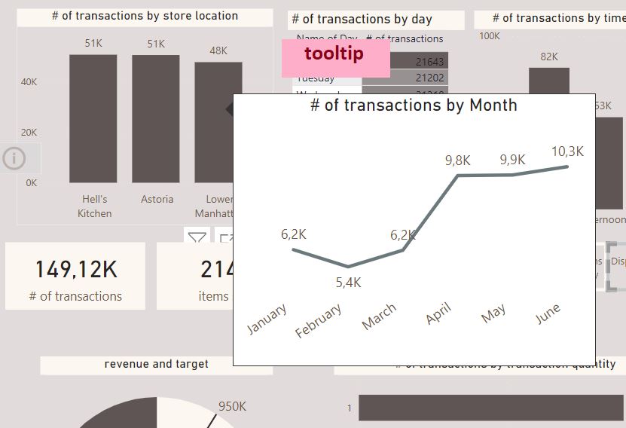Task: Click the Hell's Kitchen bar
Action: click(x=93, y=118)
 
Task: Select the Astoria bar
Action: click(x=156, y=118)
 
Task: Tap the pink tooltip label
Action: click(x=334, y=54)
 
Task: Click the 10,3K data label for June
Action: click(x=567, y=151)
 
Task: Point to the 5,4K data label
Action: click(x=348, y=283)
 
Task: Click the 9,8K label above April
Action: click(x=457, y=160)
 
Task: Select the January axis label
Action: click(x=267, y=319)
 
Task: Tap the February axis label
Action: click(x=319, y=320)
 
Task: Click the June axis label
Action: click(x=548, y=314)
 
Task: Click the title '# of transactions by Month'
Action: click(x=414, y=105)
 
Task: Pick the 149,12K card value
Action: click(x=75, y=269)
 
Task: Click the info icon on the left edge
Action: click(x=14, y=158)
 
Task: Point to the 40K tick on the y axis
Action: click(x=29, y=82)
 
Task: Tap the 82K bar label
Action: click(x=549, y=57)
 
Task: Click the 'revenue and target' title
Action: click(x=157, y=364)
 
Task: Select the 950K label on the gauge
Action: click(x=232, y=407)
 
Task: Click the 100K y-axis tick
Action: click(x=490, y=35)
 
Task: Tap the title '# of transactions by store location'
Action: click(x=145, y=16)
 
